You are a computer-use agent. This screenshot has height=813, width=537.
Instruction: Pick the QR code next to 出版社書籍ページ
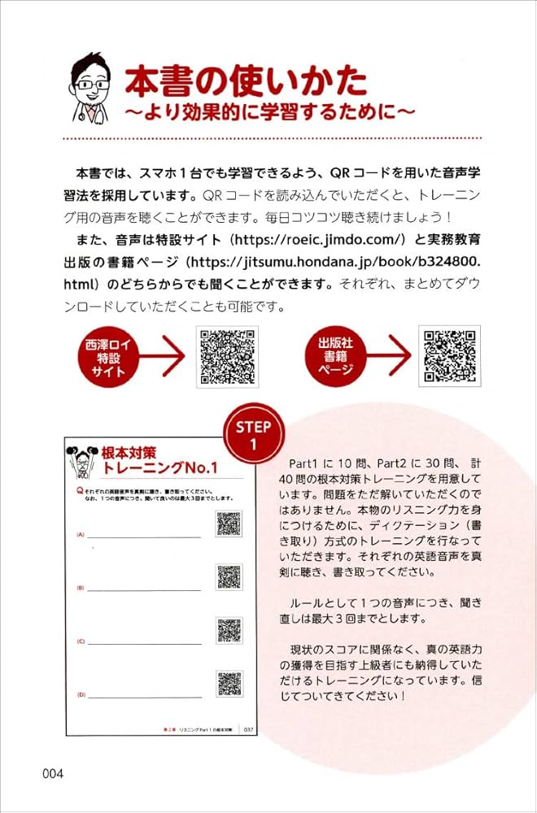(449, 356)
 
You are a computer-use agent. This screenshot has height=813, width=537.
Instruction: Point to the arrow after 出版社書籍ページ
(388, 356)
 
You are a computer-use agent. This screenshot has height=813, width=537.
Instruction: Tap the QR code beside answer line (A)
(229, 524)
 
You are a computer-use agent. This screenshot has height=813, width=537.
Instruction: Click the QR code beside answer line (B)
(229, 576)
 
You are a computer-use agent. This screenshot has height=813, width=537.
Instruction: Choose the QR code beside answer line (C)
(229, 630)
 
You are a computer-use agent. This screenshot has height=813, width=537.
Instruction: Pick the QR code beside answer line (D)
(229, 684)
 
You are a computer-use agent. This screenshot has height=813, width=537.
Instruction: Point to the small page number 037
(248, 729)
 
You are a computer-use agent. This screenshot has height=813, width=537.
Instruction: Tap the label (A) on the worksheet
(81, 535)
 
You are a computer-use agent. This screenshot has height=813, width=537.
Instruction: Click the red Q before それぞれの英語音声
(79, 492)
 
